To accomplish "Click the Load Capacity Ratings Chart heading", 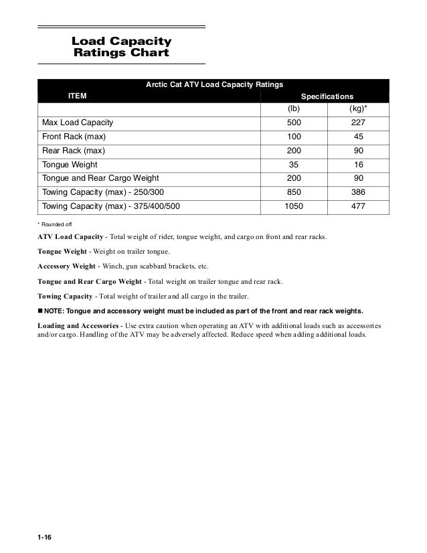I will (x=121, y=47).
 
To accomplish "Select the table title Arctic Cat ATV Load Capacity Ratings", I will (x=214, y=85).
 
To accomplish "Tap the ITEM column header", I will (x=78, y=96).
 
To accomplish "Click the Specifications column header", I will (x=327, y=96).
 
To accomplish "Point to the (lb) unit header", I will (x=293, y=108).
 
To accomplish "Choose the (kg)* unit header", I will (x=358, y=108).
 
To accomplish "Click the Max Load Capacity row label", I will (x=78, y=123).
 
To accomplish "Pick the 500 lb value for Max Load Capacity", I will (x=293, y=123).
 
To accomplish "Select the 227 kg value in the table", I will (x=358, y=123).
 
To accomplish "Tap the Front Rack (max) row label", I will (x=74, y=137).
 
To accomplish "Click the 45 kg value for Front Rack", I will (x=358, y=137).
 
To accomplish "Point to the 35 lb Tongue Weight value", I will (x=293, y=165).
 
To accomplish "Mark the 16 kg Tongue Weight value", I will (x=358, y=165).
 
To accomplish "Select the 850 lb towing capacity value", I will (x=293, y=192).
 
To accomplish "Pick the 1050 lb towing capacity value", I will (x=293, y=206).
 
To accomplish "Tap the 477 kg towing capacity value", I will (x=358, y=206).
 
